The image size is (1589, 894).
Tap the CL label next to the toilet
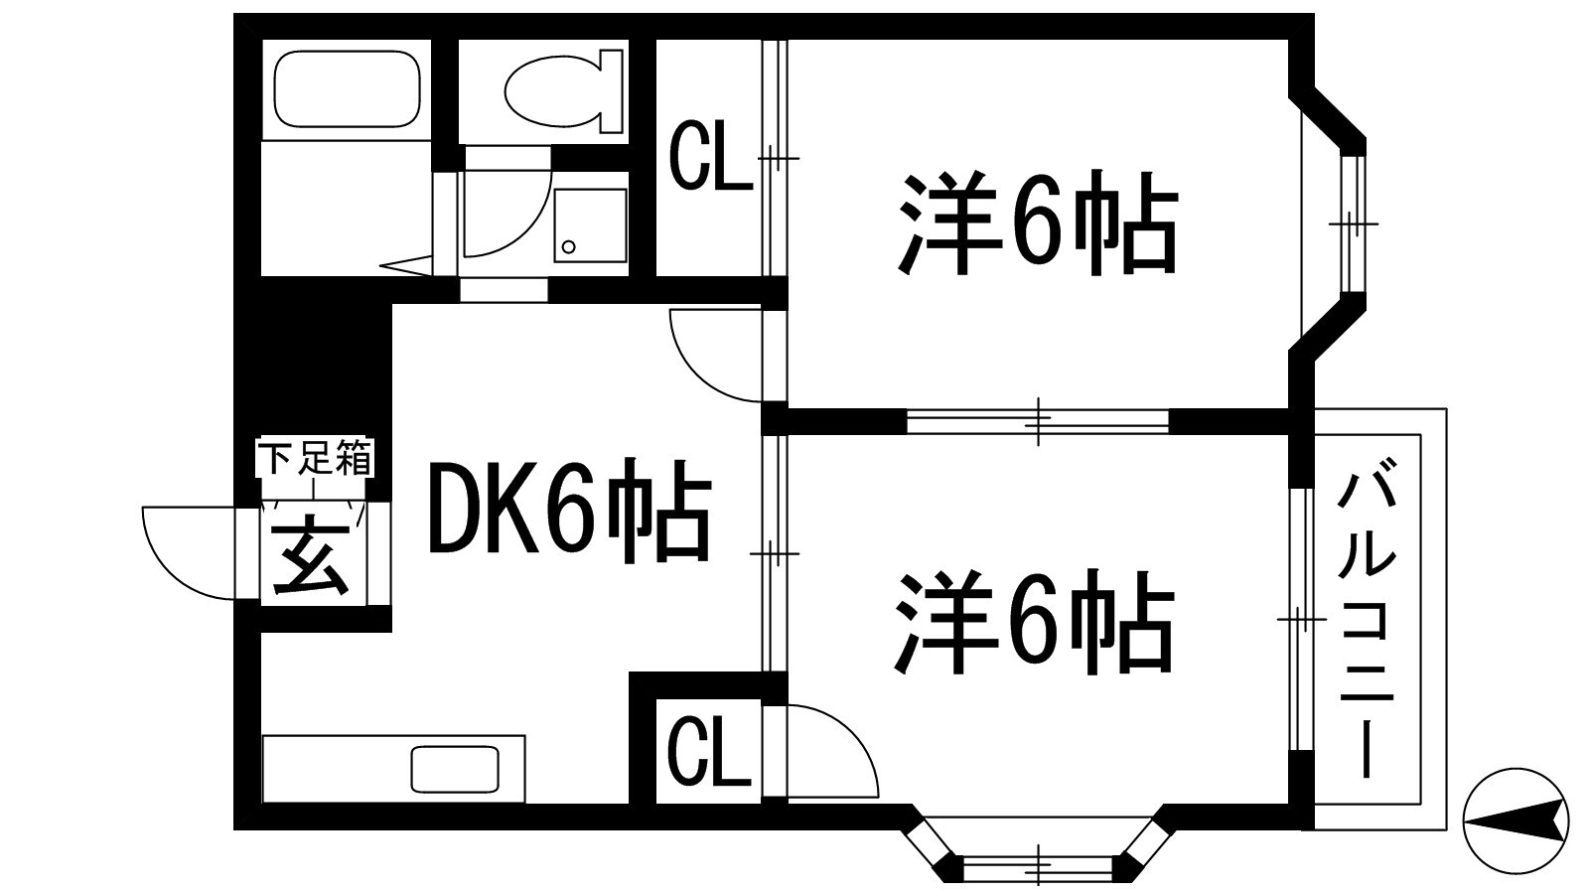pyautogui.click(x=709, y=157)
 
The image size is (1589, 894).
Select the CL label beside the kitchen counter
pyautogui.click(x=707, y=751)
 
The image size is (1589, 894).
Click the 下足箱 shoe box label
pyautogui.click(x=315, y=460)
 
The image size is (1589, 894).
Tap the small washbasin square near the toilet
pyautogui.click(x=590, y=224)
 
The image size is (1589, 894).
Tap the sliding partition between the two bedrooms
pyautogui.click(x=1038, y=421)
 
